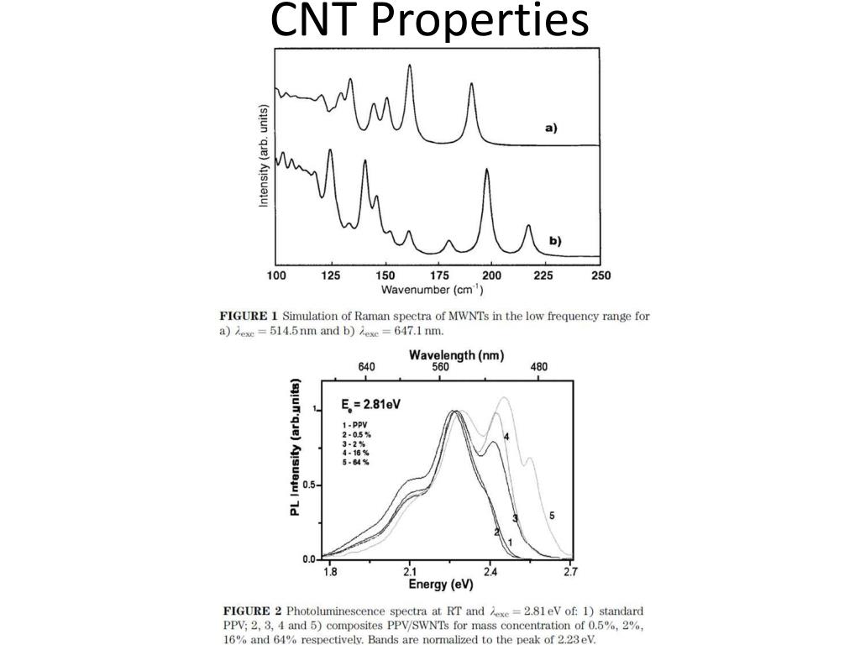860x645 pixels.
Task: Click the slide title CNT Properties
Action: click(x=430, y=22)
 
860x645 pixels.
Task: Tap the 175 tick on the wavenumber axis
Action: click(x=438, y=275)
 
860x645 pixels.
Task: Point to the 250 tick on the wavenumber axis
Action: click(x=600, y=275)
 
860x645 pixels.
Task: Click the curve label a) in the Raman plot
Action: click(x=551, y=128)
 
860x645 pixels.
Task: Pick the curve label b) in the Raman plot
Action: click(x=555, y=240)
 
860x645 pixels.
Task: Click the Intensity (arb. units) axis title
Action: click(x=264, y=156)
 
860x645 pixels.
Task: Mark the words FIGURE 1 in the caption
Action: click(x=248, y=316)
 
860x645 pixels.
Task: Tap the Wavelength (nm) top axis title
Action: click(x=456, y=355)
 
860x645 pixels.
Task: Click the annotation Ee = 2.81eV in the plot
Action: click(x=371, y=404)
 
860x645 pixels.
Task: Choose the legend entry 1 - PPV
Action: click(x=355, y=425)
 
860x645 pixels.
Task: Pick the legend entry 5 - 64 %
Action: click(x=356, y=462)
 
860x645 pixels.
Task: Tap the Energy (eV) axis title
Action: click(x=441, y=585)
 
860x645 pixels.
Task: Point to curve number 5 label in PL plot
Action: click(x=551, y=515)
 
